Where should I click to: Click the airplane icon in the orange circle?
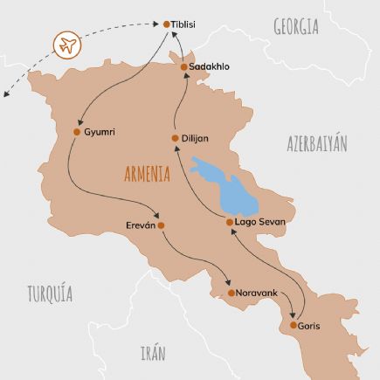click(66, 45)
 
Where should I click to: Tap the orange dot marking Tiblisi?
click(168, 24)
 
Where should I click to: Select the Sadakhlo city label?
click(211, 66)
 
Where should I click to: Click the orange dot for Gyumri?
click(78, 132)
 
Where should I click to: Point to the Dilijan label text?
click(196, 138)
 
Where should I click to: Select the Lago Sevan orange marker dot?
click(230, 223)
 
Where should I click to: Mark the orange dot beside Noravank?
click(231, 293)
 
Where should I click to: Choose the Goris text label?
click(309, 326)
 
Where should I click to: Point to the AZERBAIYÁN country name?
click(316, 144)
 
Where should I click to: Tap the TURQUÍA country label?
click(50, 292)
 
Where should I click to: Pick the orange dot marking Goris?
click(293, 326)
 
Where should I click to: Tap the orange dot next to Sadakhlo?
click(183, 66)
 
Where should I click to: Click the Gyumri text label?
click(100, 132)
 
